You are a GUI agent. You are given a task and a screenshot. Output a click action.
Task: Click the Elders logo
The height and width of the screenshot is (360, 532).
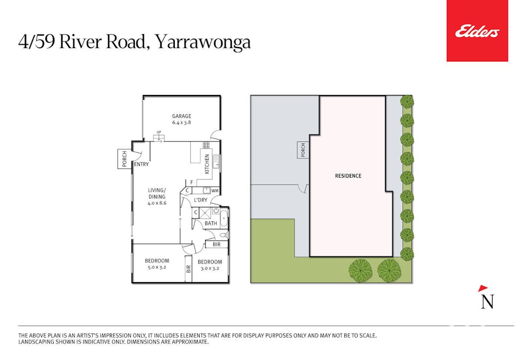coord(477,31)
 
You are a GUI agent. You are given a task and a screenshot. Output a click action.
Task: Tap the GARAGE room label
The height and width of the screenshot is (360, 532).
coord(182,116)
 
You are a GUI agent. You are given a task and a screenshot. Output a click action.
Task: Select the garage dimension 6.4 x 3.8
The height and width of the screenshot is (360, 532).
coord(182,123)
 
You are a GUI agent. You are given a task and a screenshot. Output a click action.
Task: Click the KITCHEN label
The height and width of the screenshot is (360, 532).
coord(207,164)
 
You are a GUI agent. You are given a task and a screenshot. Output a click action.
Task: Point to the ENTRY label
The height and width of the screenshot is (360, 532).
coord(141,164)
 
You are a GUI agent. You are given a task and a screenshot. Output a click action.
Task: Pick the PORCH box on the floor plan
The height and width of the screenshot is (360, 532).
coord(124,159)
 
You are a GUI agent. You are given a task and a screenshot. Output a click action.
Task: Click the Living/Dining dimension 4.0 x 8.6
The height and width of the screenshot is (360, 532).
coord(157,203)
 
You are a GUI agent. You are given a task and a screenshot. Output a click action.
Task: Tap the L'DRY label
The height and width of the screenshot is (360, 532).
coord(200,200)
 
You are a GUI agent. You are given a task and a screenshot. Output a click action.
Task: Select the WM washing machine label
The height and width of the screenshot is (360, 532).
coord(215,191)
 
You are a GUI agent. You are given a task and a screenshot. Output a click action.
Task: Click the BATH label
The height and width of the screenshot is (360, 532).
coord(211,223)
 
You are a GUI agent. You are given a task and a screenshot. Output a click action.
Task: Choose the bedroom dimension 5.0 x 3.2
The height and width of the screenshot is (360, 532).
coord(157,267)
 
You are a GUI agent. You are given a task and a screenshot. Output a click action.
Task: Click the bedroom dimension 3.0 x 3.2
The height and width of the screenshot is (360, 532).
coord(209,268)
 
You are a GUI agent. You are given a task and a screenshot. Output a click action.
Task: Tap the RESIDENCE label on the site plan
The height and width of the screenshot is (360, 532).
coord(348,176)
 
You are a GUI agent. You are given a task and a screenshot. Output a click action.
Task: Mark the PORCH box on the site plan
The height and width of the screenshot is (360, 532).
coord(303,150)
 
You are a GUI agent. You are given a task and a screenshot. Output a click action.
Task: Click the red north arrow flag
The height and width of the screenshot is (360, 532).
coord(483,289)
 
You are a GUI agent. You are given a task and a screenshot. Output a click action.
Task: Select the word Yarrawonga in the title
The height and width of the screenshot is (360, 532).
coord(203,43)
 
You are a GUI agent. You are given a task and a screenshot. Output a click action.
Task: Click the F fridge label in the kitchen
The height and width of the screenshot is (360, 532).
coord(192,182)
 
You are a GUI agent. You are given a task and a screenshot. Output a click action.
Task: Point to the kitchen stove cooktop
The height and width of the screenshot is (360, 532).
coord(206,145)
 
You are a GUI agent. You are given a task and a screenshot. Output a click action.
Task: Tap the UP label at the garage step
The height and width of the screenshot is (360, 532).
coord(159,132)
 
